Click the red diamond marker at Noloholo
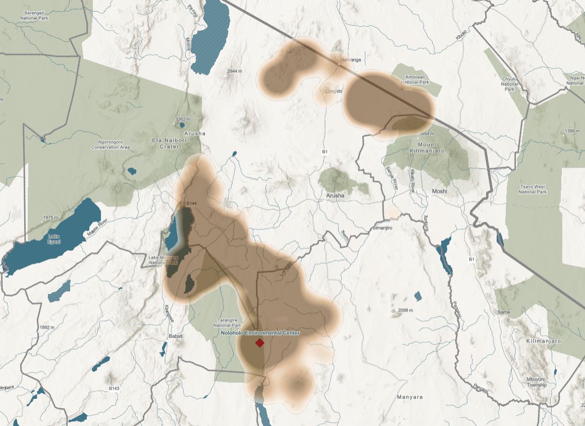[259, 343]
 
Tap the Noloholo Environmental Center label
[260, 333]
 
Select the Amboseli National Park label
[414, 79]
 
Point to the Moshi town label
[439, 191]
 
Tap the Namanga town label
[351, 60]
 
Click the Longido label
[334, 91]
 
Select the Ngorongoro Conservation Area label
[111, 145]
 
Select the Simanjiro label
[382, 228]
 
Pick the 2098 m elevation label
[405, 310]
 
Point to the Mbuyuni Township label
[536, 382]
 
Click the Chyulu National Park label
[509, 84]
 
